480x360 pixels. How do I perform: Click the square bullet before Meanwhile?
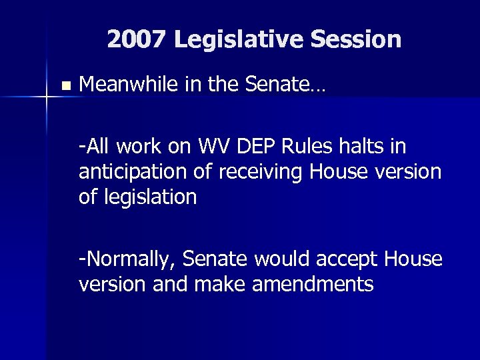[x=64, y=86]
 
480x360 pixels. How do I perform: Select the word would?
[x=286, y=259]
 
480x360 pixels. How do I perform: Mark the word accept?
[x=351, y=259]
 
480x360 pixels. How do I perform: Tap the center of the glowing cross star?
[x=47, y=97]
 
